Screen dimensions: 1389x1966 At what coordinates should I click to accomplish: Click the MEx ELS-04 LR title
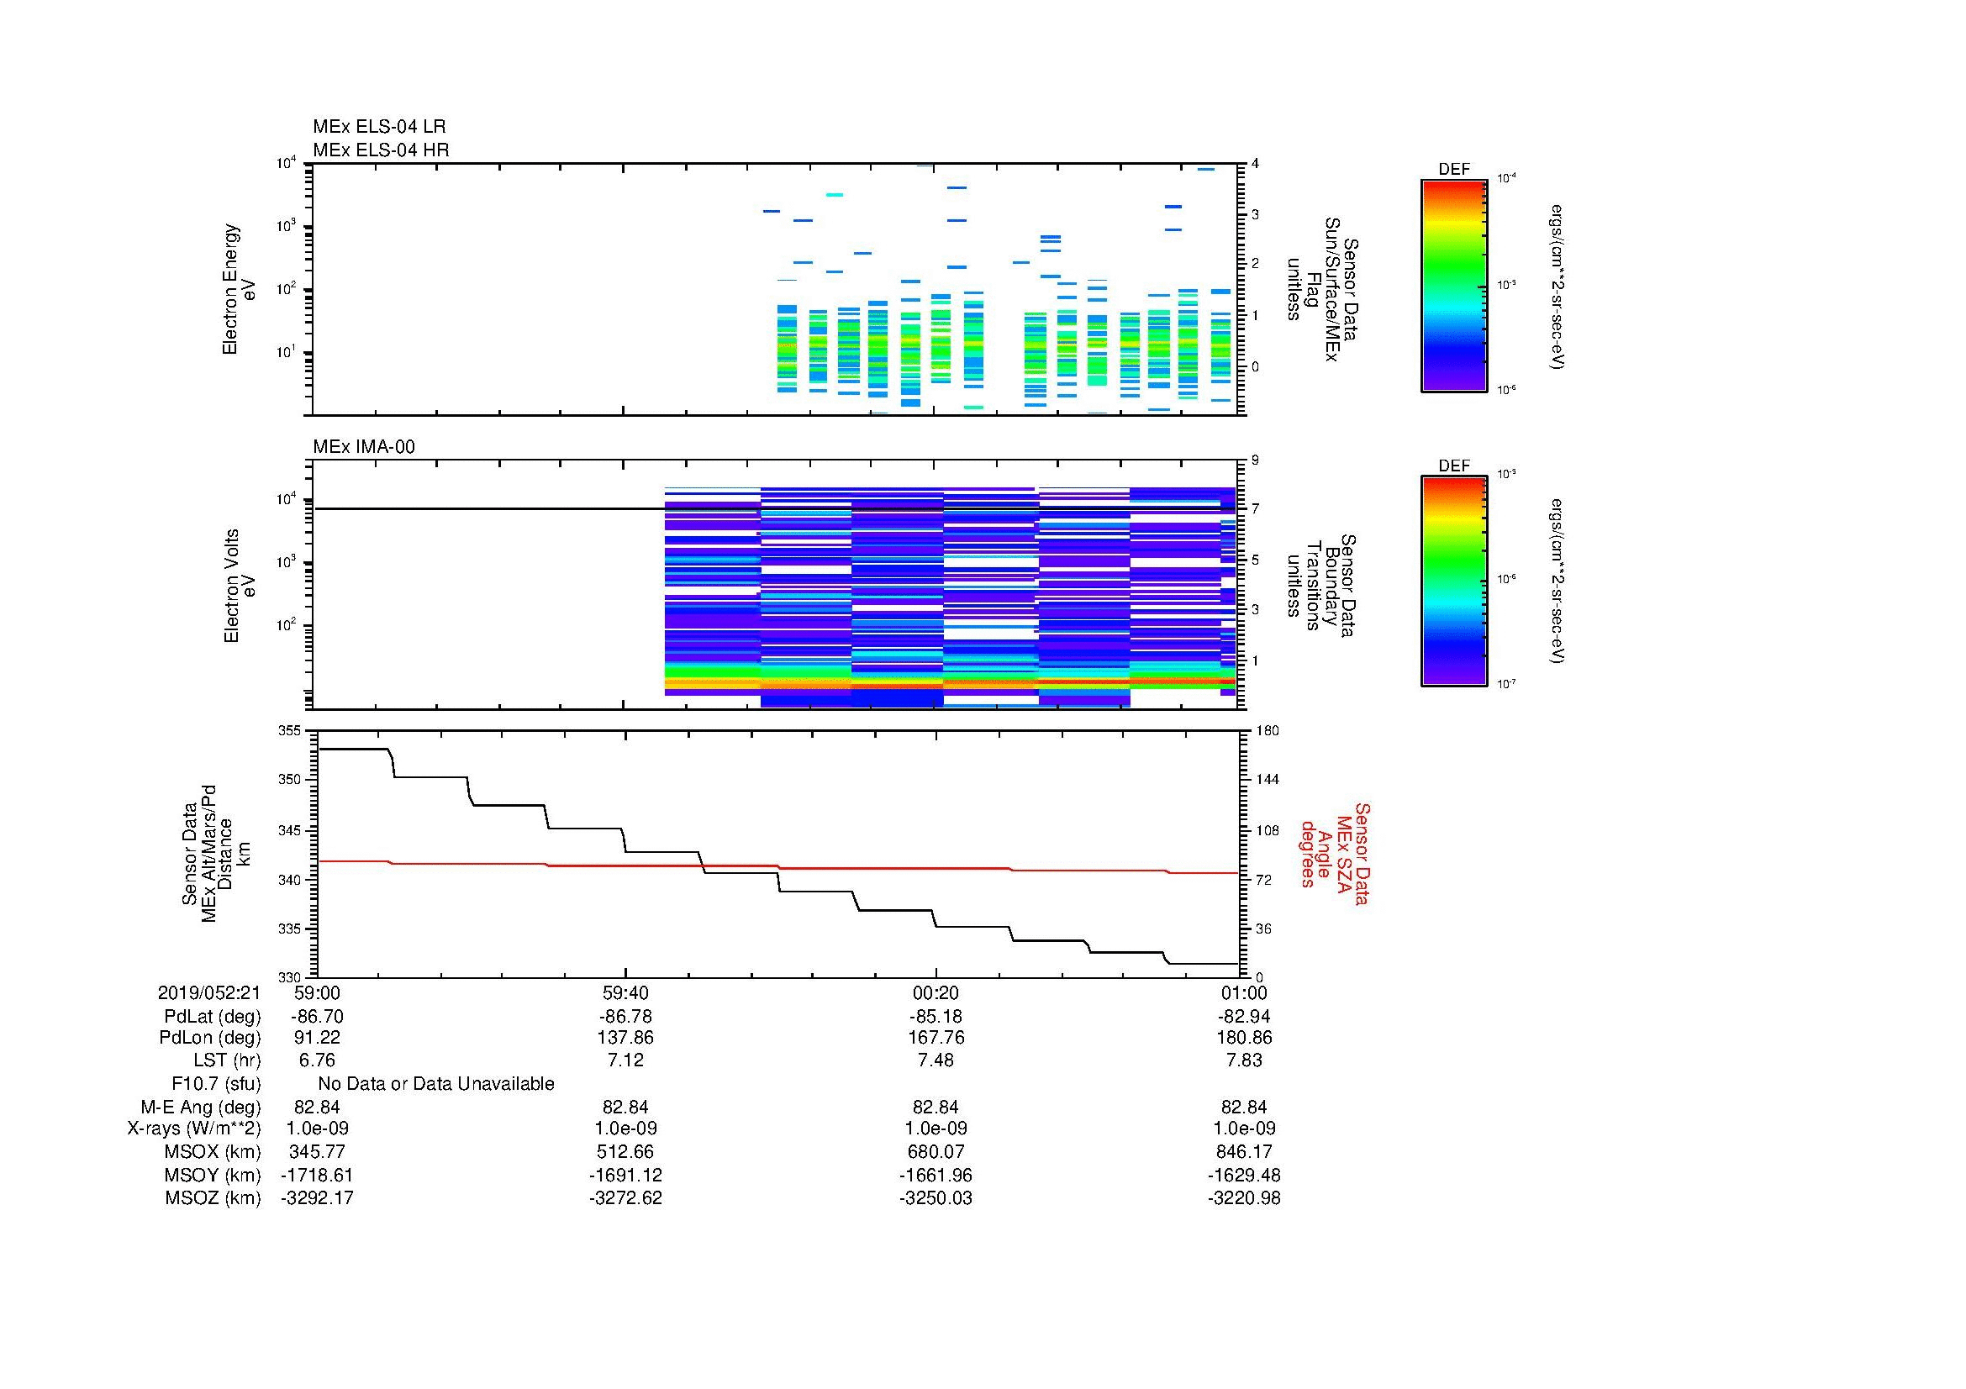click(378, 127)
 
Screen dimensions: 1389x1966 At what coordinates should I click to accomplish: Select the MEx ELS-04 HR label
click(380, 150)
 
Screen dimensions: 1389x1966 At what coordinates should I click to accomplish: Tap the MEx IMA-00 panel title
click(363, 447)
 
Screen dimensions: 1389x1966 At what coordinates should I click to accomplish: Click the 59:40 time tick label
click(625, 992)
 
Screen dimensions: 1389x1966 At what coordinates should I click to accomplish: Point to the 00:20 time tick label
click(935, 992)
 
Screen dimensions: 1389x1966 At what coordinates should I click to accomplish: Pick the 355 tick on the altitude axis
click(289, 731)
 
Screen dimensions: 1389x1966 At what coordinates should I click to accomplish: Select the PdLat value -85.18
click(935, 1017)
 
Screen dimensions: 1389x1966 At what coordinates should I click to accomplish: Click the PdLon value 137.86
click(625, 1037)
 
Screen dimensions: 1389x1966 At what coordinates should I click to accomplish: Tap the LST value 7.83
click(1244, 1060)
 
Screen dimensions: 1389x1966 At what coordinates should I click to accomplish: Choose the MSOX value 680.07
click(935, 1152)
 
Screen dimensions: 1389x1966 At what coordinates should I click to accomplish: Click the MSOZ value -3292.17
click(317, 1198)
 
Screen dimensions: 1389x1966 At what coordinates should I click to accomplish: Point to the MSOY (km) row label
click(213, 1175)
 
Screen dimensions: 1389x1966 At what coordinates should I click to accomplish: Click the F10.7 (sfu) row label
click(216, 1084)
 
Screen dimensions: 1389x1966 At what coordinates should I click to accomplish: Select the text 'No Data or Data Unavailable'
click(436, 1084)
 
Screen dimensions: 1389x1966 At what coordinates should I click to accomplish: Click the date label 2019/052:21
click(209, 992)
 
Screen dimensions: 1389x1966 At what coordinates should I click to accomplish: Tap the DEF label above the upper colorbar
click(1453, 170)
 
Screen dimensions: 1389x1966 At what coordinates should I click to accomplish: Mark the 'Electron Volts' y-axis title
click(231, 586)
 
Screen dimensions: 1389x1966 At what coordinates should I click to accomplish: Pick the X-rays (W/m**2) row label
click(193, 1129)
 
